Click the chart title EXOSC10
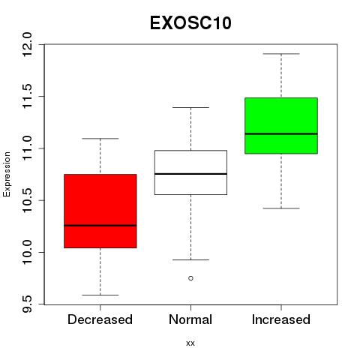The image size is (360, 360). click(x=190, y=23)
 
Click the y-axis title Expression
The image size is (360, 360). click(x=7, y=174)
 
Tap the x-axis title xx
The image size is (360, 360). click(x=190, y=343)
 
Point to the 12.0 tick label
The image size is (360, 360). click(x=27, y=44)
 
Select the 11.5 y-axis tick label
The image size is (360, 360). click(x=27, y=97)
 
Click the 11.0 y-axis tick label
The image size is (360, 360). click(x=27, y=148)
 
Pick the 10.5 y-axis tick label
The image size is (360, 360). click(x=27, y=200)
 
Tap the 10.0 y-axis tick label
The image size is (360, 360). click(x=27, y=253)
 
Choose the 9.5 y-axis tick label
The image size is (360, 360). click(x=27, y=304)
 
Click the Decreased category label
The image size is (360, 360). click(x=100, y=319)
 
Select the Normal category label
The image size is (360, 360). click(x=190, y=319)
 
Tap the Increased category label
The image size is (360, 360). click(x=281, y=319)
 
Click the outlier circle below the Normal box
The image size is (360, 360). click(x=190, y=278)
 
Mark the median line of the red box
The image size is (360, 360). click(x=100, y=226)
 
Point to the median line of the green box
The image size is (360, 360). click(x=281, y=134)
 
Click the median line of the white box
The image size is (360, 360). click(x=190, y=174)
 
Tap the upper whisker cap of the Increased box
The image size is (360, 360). click(x=281, y=54)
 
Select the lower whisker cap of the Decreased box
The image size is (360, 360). click(x=100, y=295)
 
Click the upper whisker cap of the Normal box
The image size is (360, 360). click(x=190, y=107)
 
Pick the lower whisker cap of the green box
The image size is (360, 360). click(x=281, y=208)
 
